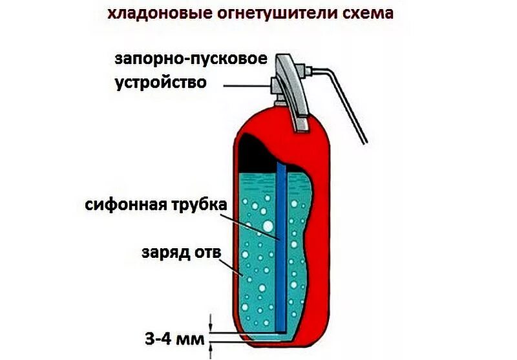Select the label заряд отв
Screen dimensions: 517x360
[177, 251]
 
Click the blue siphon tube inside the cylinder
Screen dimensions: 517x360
[280, 271]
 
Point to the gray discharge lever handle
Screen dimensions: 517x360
[292, 90]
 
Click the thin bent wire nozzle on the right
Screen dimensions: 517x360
[346, 97]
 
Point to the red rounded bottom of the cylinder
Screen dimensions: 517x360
[284, 346]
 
